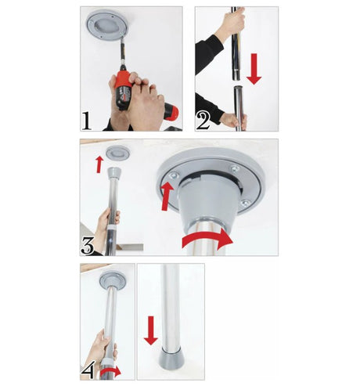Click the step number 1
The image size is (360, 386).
tap(87, 121)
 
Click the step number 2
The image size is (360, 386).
tap(203, 121)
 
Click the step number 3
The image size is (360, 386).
tap(87, 246)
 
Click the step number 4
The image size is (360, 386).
tap(88, 370)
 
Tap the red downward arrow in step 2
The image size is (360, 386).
tap(254, 69)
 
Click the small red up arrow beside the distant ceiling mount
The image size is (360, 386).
tap(99, 164)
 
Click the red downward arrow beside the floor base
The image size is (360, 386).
tap(151, 330)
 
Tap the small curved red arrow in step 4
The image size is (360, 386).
tap(110, 372)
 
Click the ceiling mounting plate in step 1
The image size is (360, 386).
tap(107, 25)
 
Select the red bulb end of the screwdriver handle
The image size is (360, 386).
tap(171, 112)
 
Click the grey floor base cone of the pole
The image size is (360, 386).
tap(171, 360)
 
